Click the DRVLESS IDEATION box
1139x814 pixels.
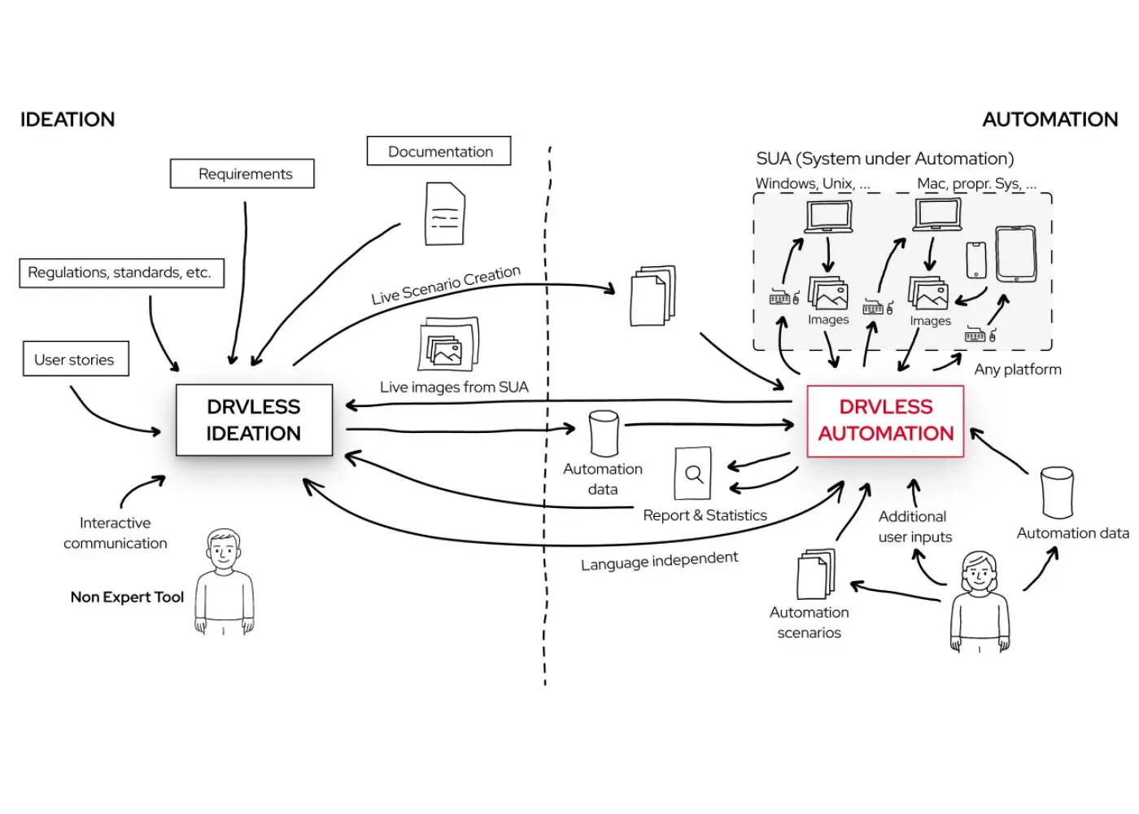coord(254,420)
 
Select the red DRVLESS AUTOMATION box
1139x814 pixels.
coord(885,421)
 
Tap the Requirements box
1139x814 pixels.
coord(242,173)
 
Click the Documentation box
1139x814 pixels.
coord(439,151)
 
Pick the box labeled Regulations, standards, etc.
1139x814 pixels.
coord(121,273)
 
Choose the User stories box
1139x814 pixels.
coord(76,359)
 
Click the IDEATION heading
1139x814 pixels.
coord(68,120)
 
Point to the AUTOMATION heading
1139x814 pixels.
coord(1050,120)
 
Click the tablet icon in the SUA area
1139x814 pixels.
coord(1016,254)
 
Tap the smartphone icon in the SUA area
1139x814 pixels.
coord(975,260)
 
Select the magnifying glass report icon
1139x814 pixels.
coord(692,473)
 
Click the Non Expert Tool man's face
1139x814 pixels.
coord(223,551)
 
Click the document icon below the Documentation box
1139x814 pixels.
coord(445,213)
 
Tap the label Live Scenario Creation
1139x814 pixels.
coord(446,285)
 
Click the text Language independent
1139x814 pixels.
coord(660,561)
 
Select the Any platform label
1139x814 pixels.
coord(1018,370)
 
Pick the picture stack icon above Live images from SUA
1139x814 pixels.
coord(449,344)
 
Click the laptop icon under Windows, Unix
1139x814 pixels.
coord(829,217)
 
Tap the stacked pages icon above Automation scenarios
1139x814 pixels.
coord(816,574)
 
